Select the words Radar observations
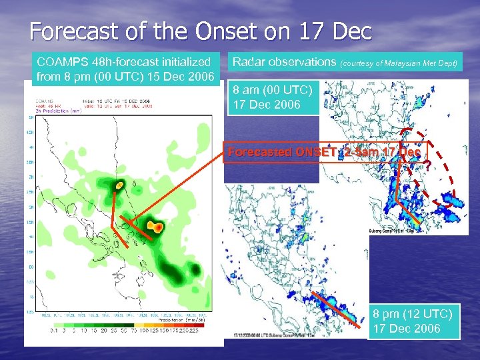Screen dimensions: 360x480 coord(283,62)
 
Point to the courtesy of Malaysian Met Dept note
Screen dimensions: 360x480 coord(399,63)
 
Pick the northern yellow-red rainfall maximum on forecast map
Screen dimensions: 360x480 coord(119,184)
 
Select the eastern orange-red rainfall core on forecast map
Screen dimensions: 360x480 coord(155,227)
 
